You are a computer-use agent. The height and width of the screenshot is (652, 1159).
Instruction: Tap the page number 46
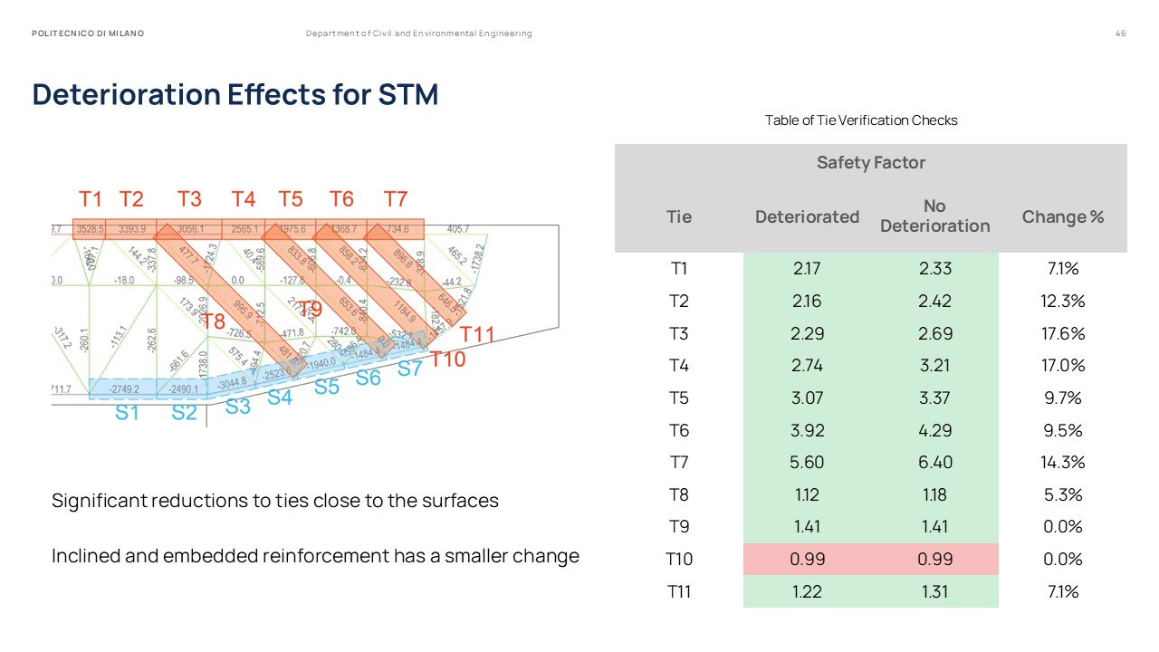coord(1121,34)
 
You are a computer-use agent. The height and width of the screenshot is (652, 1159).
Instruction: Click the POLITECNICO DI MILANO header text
coord(88,34)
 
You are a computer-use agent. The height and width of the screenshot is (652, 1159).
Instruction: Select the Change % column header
coord(1062,216)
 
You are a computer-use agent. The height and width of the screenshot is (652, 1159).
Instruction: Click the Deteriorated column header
coord(807,216)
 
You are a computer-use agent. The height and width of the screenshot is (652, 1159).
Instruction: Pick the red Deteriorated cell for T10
coord(807,559)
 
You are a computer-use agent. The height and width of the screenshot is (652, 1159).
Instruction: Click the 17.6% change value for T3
coord(1062,333)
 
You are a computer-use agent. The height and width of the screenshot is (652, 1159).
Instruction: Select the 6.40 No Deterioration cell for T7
coord(934,462)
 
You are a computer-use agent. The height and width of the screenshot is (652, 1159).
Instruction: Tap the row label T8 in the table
coord(679,494)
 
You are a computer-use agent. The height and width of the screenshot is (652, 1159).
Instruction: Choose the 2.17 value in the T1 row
coord(807,269)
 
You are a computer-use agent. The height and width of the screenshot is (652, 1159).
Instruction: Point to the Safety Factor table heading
coord(870,163)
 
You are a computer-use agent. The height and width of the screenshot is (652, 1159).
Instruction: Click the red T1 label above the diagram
coord(91,199)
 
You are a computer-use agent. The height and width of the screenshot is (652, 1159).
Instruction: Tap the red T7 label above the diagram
coord(396,199)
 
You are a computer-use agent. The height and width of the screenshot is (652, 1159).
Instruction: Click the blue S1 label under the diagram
coord(128,413)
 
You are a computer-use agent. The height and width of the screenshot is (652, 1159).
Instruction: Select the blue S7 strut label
coord(410,369)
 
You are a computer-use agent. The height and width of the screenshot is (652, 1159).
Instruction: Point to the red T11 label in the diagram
coord(477,334)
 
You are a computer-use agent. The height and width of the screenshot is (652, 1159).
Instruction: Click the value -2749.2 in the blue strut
coord(125,389)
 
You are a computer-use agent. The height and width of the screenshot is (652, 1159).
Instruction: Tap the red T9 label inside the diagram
coord(310,309)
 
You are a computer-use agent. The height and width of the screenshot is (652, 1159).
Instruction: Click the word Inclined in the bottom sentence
coord(85,556)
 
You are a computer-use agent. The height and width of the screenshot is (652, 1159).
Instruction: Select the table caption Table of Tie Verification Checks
coord(860,120)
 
